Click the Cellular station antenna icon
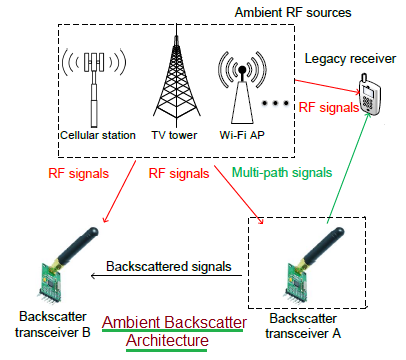[96, 85]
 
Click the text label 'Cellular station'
[98, 134]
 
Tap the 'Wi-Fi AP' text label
[241, 134]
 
